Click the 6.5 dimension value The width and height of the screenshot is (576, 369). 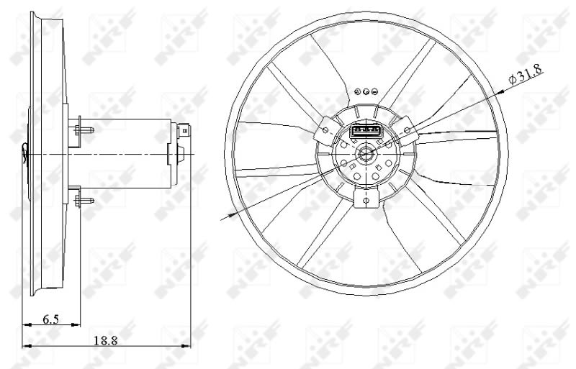(x=50, y=319)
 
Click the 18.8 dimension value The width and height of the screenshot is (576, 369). (x=106, y=341)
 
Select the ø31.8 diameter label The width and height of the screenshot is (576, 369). (x=526, y=75)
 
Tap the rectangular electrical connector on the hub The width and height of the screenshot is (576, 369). (x=367, y=131)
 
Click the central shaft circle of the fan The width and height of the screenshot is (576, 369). (x=365, y=153)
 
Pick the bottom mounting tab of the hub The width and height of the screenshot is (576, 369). (x=366, y=198)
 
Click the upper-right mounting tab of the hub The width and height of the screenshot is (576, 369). (x=407, y=129)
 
